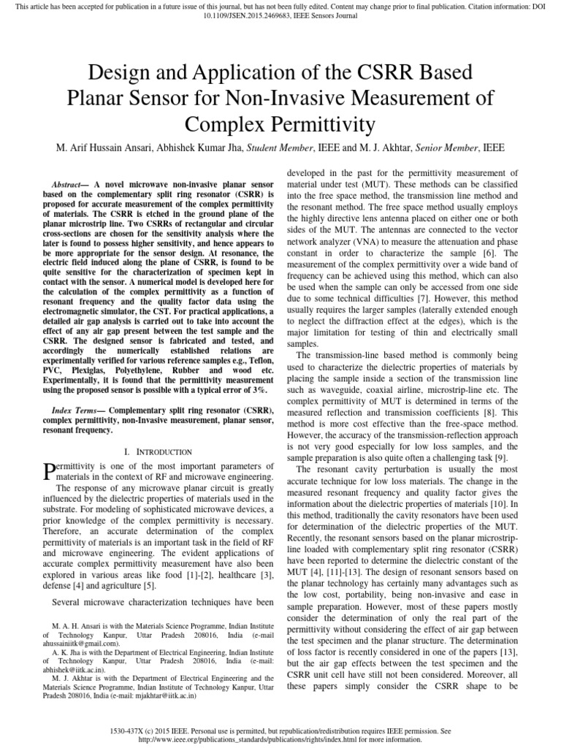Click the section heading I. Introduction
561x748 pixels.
coord(160,452)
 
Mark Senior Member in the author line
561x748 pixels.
coord(448,147)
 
